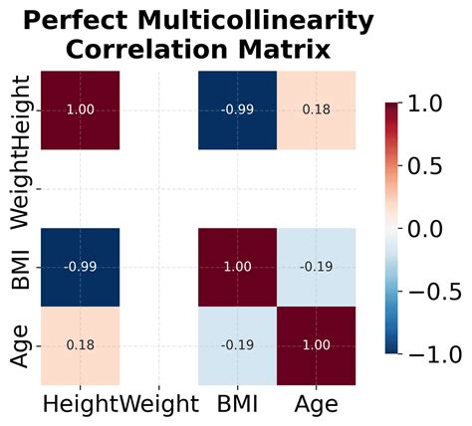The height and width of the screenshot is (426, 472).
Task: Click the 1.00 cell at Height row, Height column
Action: [81, 109]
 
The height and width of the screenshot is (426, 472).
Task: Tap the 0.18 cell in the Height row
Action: [316, 109]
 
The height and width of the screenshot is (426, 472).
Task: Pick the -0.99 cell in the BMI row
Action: [81, 267]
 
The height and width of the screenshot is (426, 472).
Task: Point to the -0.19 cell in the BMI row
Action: [316, 267]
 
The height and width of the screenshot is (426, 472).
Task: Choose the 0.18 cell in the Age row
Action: [81, 345]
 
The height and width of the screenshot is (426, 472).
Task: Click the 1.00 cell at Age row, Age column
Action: [316, 345]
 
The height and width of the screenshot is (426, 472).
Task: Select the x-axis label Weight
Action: [158, 404]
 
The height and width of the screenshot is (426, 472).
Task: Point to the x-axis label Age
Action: [316, 404]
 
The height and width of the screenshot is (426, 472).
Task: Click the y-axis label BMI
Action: [19, 267]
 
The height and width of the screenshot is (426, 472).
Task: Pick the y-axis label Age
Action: [19, 345]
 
